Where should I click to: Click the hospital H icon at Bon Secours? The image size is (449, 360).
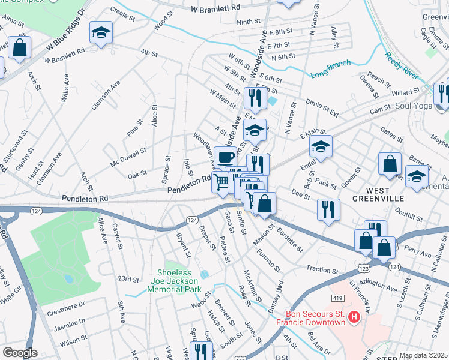(x=354, y=316)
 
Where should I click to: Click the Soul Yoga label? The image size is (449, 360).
(x=418, y=106)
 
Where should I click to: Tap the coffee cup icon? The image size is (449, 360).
(x=224, y=158)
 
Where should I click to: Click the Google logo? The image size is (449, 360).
(x=20, y=352)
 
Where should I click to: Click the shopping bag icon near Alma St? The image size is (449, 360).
(x=20, y=47)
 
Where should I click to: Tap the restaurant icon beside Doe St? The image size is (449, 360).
(x=328, y=209)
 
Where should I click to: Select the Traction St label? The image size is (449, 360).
(x=322, y=269)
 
